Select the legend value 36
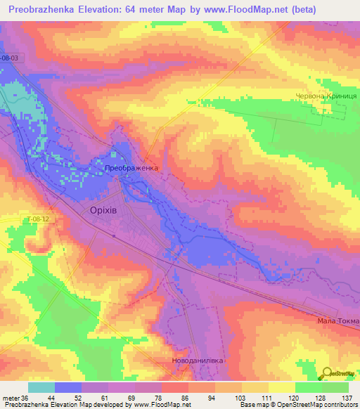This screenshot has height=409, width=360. [x=27, y=397]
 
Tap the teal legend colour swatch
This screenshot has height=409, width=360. [x=41, y=387]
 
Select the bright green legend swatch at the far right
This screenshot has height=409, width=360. [x=335, y=387]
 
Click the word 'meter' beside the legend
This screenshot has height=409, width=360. [x=11, y=397]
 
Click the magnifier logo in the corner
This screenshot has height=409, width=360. [x=327, y=373]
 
